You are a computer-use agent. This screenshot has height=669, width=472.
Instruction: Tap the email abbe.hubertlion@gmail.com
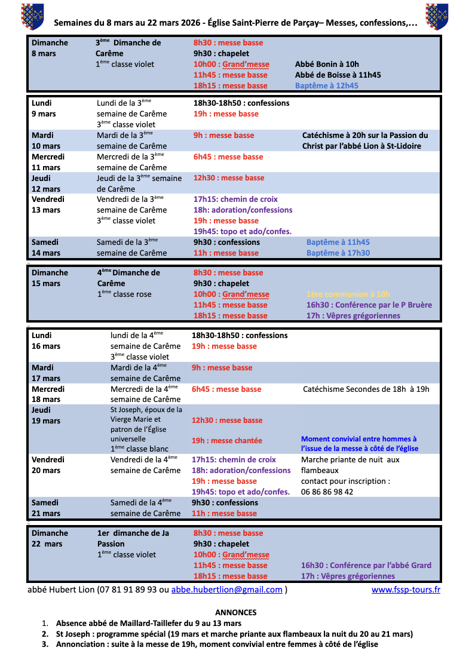(226, 590)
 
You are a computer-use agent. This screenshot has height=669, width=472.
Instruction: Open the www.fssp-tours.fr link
(406, 590)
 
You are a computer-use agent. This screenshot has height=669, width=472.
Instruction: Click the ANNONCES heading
(235, 612)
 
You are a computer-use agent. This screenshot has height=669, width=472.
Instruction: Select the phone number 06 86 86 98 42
(327, 492)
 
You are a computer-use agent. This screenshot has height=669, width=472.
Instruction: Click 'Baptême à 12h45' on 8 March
(327, 85)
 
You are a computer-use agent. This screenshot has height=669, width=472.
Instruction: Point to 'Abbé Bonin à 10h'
(327, 64)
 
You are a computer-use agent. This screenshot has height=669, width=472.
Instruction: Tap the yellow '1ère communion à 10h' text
(348, 294)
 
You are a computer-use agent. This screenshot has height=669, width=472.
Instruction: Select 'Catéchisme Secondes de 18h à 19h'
(366, 389)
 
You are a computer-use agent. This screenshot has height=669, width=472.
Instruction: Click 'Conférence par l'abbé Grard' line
(366, 565)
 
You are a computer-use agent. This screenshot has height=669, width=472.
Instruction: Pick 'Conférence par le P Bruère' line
(369, 305)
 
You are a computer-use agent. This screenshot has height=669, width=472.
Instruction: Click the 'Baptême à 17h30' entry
(338, 253)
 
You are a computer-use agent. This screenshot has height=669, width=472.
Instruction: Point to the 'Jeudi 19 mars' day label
(46, 415)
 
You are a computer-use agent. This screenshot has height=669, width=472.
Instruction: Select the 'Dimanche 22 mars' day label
(50, 538)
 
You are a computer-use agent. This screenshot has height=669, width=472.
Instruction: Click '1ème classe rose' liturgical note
(124, 294)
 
